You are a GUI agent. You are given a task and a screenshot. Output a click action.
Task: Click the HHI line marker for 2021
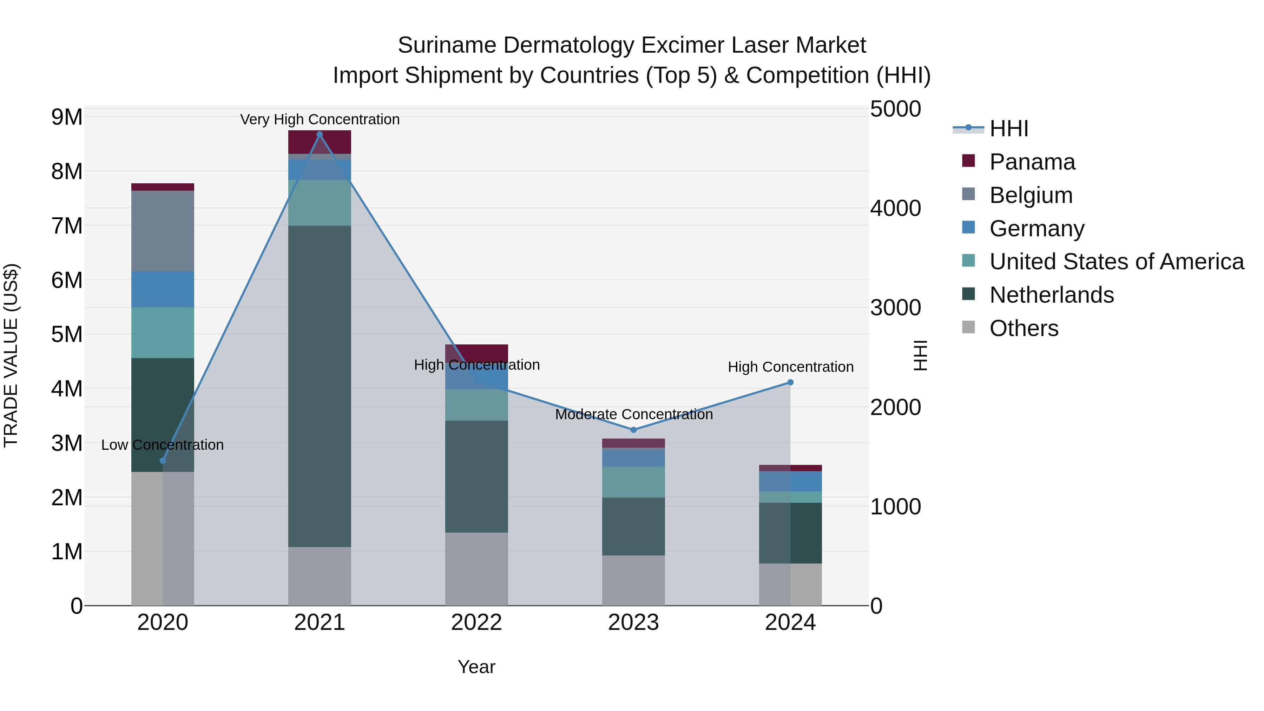pyautogui.click(x=320, y=134)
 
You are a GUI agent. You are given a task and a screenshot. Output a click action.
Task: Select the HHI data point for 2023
pyautogui.click(x=633, y=430)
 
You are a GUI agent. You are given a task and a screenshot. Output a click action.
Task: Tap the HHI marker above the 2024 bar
pyautogui.click(x=790, y=382)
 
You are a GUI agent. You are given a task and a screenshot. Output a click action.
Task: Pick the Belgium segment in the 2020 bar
pyautogui.click(x=163, y=231)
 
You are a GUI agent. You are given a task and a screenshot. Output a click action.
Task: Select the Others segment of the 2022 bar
pyautogui.click(x=476, y=569)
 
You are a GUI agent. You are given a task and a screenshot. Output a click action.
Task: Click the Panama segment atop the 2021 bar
pyautogui.click(x=320, y=142)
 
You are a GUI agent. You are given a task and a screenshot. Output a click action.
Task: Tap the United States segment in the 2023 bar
pyautogui.click(x=633, y=482)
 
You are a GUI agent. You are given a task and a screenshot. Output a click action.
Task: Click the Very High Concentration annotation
pyautogui.click(x=320, y=119)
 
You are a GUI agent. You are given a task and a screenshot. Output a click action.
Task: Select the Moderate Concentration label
pyautogui.click(x=633, y=414)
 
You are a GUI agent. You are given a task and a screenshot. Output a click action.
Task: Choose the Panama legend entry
pyautogui.click(x=1032, y=162)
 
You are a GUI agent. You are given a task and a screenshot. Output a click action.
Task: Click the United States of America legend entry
pyautogui.click(x=1116, y=262)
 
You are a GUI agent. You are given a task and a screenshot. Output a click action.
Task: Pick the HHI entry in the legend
pyautogui.click(x=1008, y=129)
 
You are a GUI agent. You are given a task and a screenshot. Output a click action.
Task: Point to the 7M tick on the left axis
pyautogui.click(x=67, y=226)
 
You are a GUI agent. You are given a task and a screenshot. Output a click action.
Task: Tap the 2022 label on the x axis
pyautogui.click(x=476, y=623)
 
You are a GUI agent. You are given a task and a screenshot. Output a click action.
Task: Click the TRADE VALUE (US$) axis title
pyautogui.click(x=11, y=355)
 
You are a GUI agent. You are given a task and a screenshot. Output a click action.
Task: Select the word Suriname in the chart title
pyautogui.click(x=447, y=45)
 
